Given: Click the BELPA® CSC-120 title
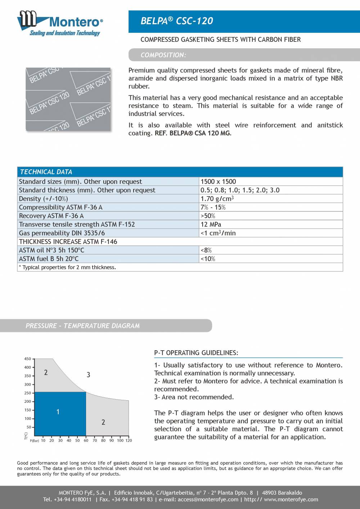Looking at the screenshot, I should pyautogui.click(x=176, y=21).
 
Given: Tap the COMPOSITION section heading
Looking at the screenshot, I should pyautogui.click(x=163, y=55).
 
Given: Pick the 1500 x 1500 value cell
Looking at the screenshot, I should pyautogui.click(x=218, y=181).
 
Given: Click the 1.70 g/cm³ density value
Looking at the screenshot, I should pyautogui.click(x=217, y=199).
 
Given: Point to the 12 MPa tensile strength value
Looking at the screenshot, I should pyautogui.click(x=211, y=224).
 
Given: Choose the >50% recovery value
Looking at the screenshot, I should pyautogui.click(x=208, y=216).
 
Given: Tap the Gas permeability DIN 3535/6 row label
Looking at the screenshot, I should pyautogui.click(x=62, y=233).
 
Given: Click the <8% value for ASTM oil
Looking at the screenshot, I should pyautogui.click(x=206, y=250).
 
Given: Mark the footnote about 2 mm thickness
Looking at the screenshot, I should pyautogui.click(x=67, y=267).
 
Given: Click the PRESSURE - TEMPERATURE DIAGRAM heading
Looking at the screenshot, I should pyautogui.click(x=82, y=326).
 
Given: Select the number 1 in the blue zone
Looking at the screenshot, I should pyautogui.click(x=58, y=412).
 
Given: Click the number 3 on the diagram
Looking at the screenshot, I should pyautogui.click(x=88, y=375).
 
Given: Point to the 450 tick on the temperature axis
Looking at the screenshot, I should pyautogui.click(x=27, y=359).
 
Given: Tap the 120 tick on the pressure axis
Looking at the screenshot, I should pyautogui.click(x=129, y=440).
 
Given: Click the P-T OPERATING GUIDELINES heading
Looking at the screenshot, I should pyautogui.click(x=196, y=353).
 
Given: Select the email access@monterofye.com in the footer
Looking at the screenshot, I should pyautogui.click(x=208, y=499).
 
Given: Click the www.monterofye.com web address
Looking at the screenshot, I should pyautogui.click(x=291, y=499).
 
